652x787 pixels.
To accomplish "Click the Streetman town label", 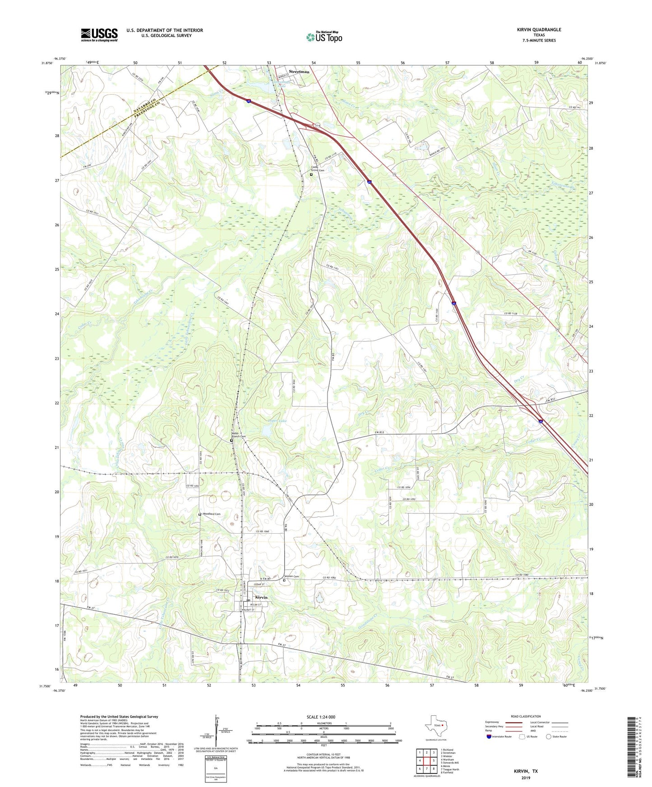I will [x=299, y=72].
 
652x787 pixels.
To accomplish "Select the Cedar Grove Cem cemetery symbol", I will [x=311, y=174].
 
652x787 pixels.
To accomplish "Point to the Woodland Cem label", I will [x=212, y=514].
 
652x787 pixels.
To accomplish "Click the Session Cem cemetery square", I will [x=284, y=581].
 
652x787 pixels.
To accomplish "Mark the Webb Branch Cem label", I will [x=239, y=436].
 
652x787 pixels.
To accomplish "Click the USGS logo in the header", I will [x=99, y=34].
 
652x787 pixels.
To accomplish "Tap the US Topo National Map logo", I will [x=324, y=37].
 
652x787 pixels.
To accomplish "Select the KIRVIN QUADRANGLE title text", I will [x=539, y=30].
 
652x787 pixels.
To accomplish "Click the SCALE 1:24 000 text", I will [x=321, y=717].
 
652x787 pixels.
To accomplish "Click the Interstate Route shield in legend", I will [x=489, y=737].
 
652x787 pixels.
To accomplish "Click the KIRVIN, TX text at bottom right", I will [x=526, y=771].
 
